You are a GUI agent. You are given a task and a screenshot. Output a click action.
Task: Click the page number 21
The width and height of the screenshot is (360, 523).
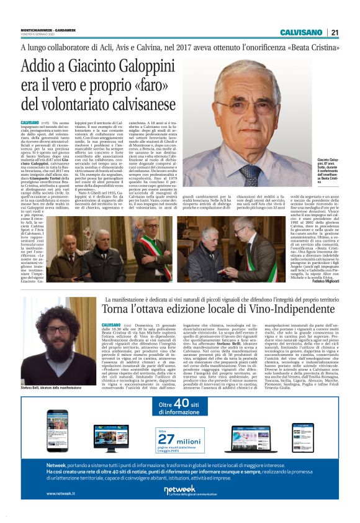(334, 32)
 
